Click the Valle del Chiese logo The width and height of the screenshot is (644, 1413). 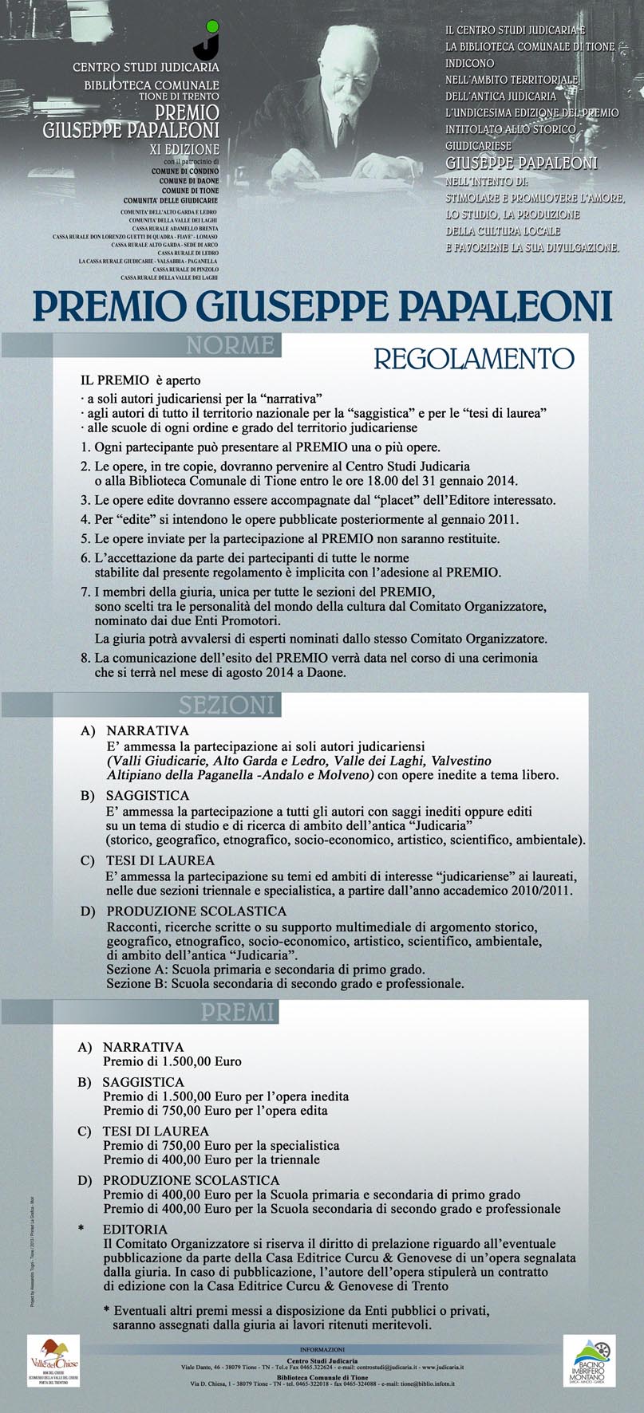click(x=51, y=1356)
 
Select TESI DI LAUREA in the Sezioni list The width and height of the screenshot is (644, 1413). click(x=160, y=860)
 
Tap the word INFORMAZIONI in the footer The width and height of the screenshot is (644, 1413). click(x=321, y=1346)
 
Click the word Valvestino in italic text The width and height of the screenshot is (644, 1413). click(x=456, y=761)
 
